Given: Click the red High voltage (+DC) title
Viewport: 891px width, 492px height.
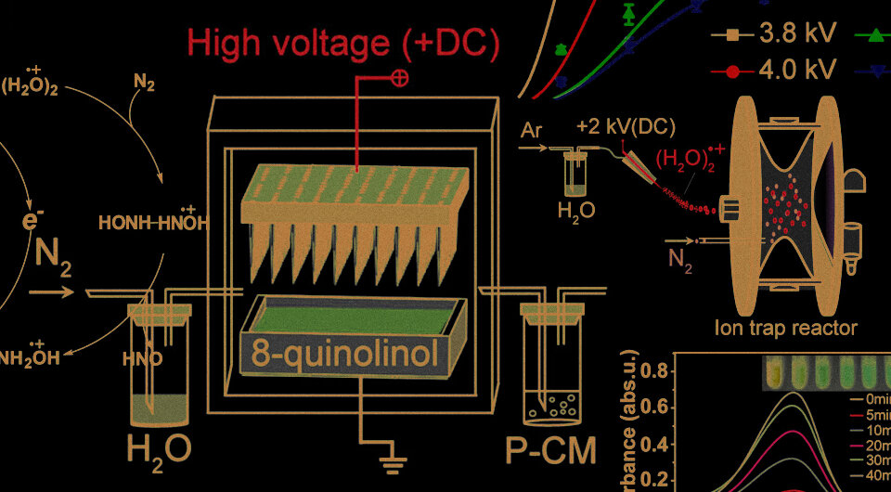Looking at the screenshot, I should click(343, 42).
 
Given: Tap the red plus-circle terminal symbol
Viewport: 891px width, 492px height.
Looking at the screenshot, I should click(400, 79).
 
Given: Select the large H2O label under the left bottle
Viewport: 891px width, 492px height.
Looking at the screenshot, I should click(159, 449).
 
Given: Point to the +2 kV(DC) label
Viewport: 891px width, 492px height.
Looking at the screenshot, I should click(626, 127).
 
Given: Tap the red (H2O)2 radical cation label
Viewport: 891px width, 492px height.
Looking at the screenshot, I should click(686, 158).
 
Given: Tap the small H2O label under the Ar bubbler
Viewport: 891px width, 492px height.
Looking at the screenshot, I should click(575, 211).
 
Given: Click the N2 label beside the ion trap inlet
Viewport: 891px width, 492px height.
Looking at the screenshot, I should click(680, 252).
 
